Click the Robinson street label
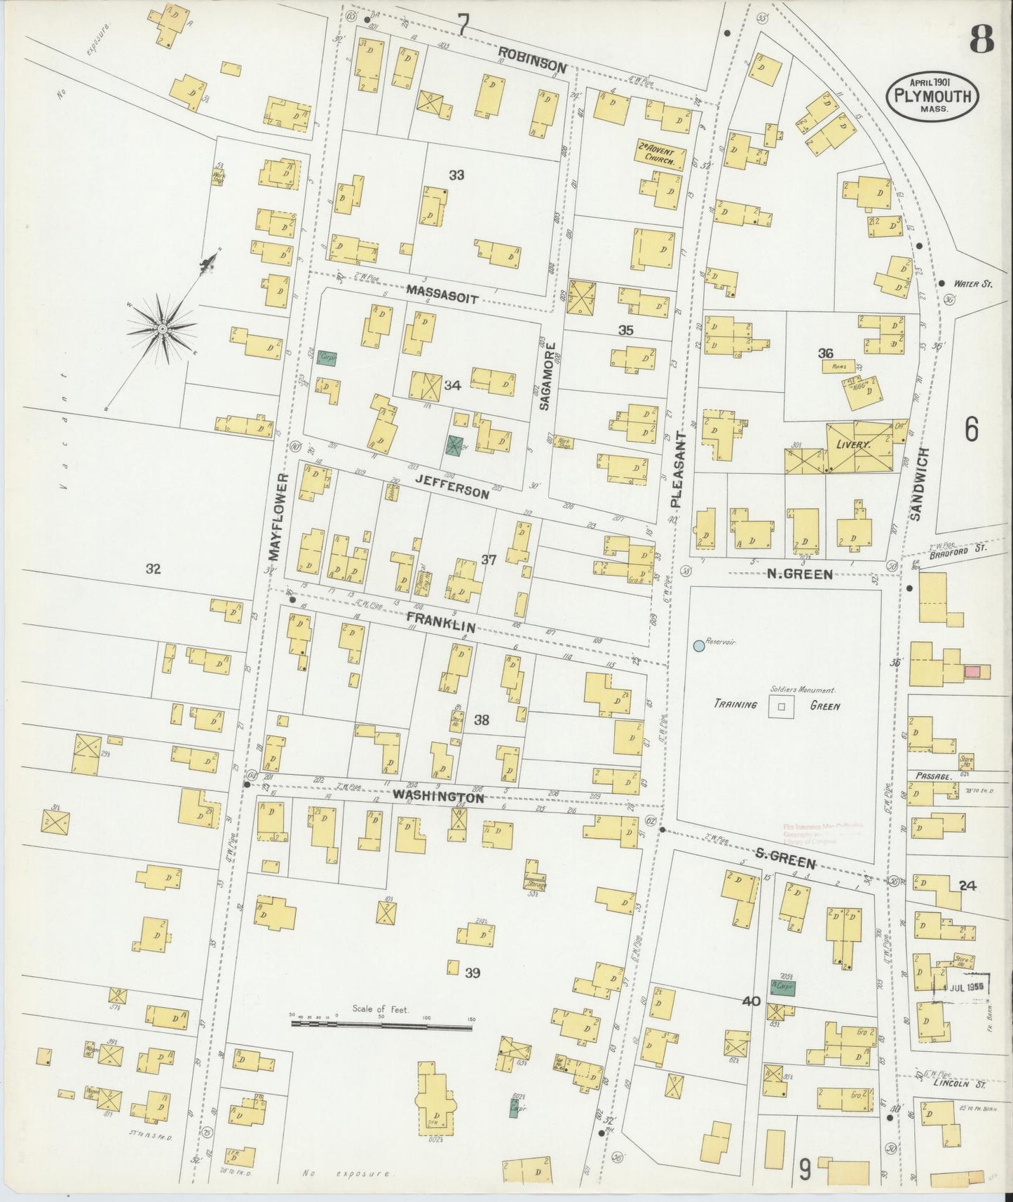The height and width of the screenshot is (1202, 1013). point(533,59)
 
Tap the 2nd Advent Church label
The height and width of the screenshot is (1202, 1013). point(660,154)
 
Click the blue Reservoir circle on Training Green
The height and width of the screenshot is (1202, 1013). point(698,645)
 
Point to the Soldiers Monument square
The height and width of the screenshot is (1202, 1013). point(780,708)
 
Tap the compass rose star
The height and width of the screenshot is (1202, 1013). point(163,328)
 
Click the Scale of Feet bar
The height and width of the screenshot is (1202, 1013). point(382,1025)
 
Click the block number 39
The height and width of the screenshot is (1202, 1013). point(472,973)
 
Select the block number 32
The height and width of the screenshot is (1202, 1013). point(153,569)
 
